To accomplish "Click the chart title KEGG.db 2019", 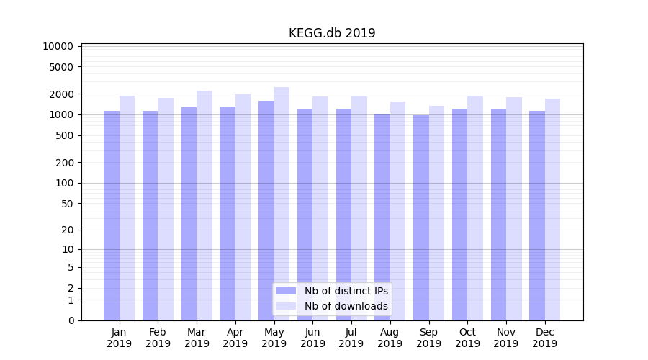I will (x=332, y=33).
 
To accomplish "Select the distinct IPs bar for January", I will (x=112, y=216).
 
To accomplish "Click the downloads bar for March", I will (x=204, y=205).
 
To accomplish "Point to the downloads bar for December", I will (x=552, y=209).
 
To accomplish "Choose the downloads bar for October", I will (x=475, y=208).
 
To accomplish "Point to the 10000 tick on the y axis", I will (x=58, y=46).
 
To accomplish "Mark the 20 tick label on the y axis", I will (x=67, y=230).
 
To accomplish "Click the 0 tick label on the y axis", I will (x=71, y=320).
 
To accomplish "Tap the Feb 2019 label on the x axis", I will (x=158, y=338).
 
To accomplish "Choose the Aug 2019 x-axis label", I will (x=390, y=338).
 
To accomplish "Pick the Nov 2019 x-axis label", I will (x=506, y=338).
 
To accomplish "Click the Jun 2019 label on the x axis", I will (x=312, y=338).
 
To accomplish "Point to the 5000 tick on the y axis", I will (x=61, y=67).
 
